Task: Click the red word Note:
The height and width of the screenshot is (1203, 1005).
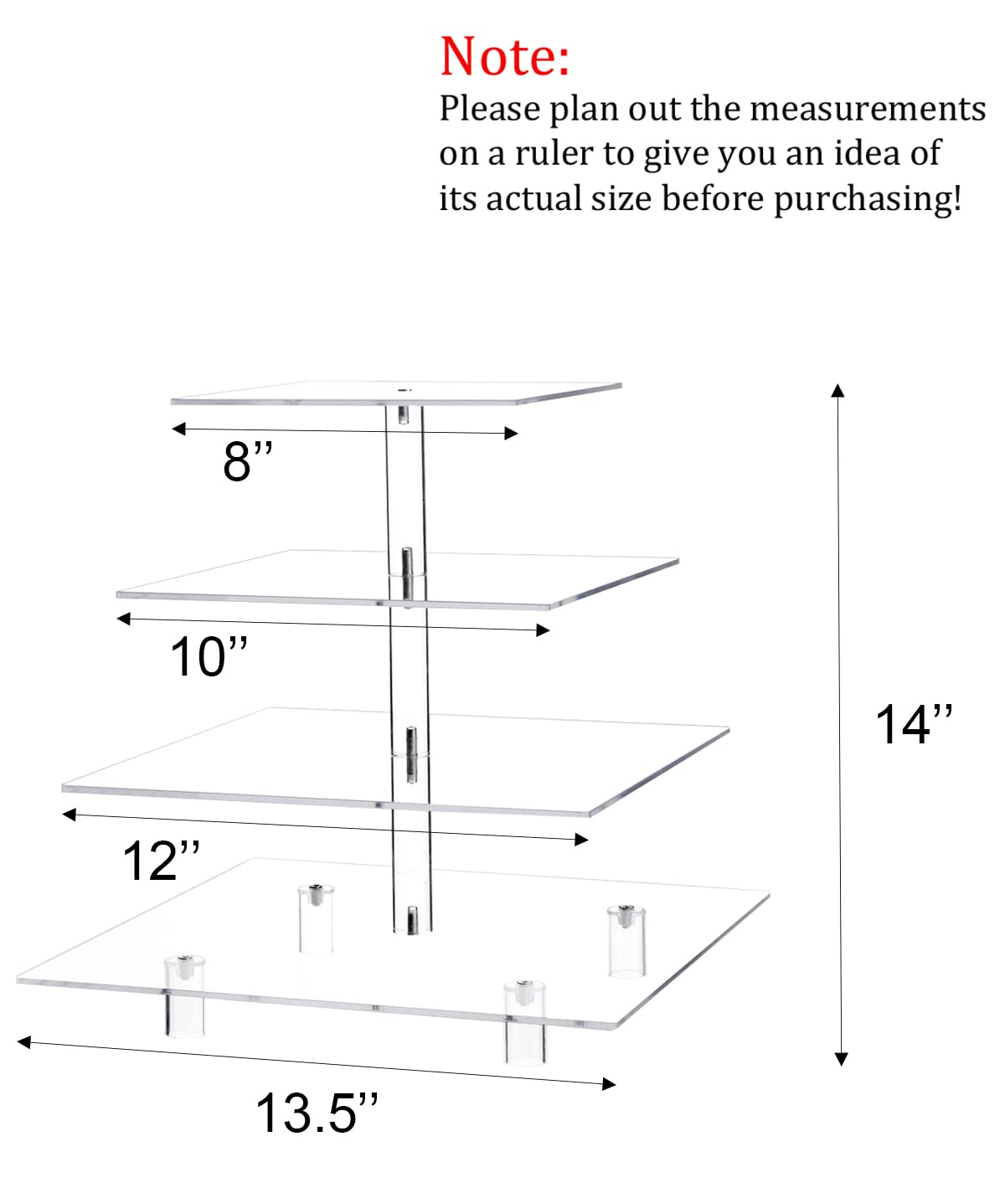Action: [x=504, y=56]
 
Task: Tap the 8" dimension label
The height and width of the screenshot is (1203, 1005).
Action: [x=247, y=460]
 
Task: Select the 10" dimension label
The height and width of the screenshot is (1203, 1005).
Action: [x=209, y=656]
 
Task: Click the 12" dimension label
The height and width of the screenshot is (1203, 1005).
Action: [x=161, y=861]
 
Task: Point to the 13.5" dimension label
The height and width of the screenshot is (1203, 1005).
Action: [x=317, y=1113]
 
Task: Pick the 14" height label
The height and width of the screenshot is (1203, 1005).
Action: [x=914, y=724]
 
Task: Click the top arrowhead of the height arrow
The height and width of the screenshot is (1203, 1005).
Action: [x=837, y=391]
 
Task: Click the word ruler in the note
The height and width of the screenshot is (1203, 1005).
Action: [x=554, y=154]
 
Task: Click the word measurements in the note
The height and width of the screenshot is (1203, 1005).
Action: [x=868, y=108]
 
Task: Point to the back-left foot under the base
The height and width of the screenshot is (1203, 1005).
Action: [x=316, y=918]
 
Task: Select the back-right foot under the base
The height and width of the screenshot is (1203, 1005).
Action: [x=626, y=942]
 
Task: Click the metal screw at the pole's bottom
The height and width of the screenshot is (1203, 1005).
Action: [x=412, y=920]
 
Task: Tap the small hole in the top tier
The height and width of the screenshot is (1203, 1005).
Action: [x=403, y=390]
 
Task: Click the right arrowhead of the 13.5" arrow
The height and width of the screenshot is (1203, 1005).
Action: [x=610, y=1084]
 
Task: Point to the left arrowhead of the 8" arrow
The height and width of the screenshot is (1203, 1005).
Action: [x=178, y=428]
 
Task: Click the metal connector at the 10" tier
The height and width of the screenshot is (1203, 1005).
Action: [x=407, y=576]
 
